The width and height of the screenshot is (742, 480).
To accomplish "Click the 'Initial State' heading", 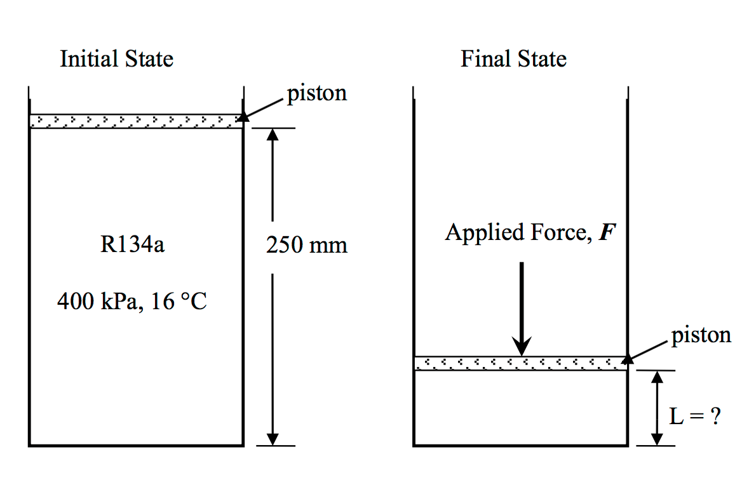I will tap(116, 59).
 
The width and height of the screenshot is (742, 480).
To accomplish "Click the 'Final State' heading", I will tap(513, 59).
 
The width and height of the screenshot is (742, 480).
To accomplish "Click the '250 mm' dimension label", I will tap(307, 245).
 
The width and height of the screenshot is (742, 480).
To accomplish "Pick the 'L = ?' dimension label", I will tap(696, 416).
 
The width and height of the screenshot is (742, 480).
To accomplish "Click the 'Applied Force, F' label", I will tap(530, 232).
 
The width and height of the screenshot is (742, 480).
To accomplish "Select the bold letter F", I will tap(609, 233).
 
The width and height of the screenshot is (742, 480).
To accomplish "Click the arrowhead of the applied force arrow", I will tap(522, 348).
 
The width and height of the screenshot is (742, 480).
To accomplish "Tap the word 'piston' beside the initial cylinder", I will tap(317, 93).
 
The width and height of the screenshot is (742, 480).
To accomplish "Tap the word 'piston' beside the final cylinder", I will tap(701, 335).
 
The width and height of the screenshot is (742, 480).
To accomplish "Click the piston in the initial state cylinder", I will tap(136, 121).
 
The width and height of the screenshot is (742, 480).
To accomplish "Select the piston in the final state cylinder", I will tap(521, 363).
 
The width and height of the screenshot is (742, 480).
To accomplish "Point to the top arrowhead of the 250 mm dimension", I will tap(273, 135).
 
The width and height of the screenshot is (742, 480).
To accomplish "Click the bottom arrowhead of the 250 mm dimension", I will tap(273, 439).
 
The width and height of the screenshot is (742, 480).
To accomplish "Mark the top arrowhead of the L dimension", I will tap(658, 378).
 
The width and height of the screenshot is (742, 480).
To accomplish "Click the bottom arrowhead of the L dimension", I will tap(658, 439).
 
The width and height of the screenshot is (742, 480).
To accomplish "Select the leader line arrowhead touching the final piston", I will tap(628, 359).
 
